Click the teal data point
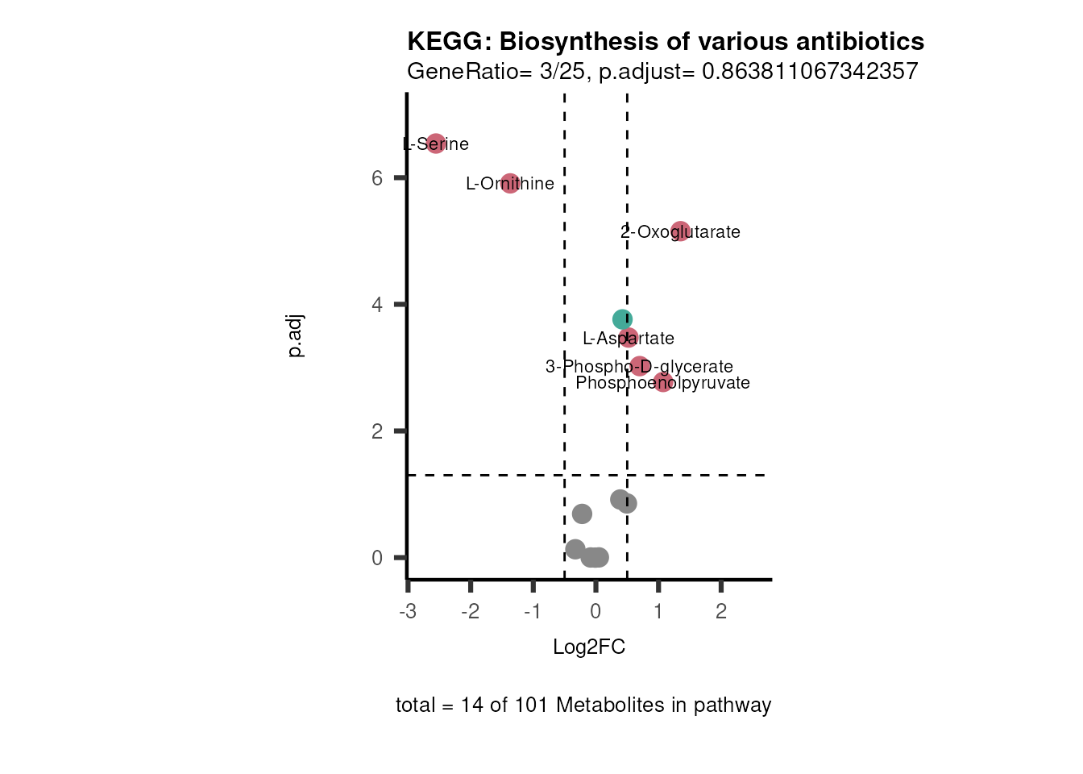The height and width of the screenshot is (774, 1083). pyautogui.click(x=621, y=319)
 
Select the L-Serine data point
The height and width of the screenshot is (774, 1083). pyautogui.click(x=436, y=144)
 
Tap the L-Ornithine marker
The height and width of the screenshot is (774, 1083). pyautogui.click(x=510, y=183)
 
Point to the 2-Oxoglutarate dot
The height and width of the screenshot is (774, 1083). pyautogui.click(x=680, y=231)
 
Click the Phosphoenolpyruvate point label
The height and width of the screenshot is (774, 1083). pyautogui.click(x=662, y=383)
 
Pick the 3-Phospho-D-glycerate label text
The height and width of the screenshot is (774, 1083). pyautogui.click(x=639, y=367)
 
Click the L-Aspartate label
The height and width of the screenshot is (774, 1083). pyautogui.click(x=629, y=339)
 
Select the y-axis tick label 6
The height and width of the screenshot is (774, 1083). pyautogui.click(x=377, y=177)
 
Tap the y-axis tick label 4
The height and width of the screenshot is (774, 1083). pyautogui.click(x=377, y=305)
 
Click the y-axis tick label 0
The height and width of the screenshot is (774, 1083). pyautogui.click(x=377, y=558)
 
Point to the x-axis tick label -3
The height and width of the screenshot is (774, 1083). pyautogui.click(x=408, y=611)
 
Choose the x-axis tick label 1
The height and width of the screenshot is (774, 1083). pyautogui.click(x=658, y=611)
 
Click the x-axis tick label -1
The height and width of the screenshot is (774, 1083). pyautogui.click(x=532, y=611)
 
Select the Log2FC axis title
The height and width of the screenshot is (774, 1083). pyautogui.click(x=589, y=647)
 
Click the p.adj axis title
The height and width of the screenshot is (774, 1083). pyautogui.click(x=296, y=335)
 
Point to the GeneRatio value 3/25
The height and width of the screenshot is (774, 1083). pyautogui.click(x=562, y=72)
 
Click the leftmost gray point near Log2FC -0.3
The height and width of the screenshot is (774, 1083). pyautogui.click(x=575, y=549)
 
